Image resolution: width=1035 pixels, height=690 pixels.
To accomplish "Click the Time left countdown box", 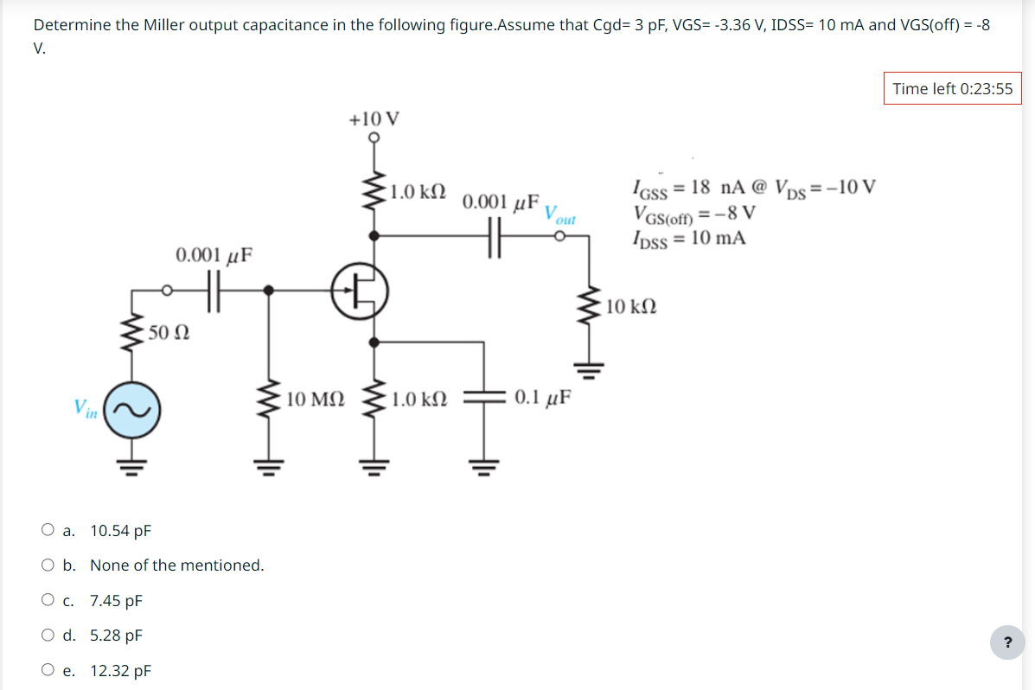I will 952,89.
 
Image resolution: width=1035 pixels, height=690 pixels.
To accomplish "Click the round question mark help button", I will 1006,642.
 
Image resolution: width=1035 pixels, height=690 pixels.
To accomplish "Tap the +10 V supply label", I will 374,118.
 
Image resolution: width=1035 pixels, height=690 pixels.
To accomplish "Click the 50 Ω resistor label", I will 169,331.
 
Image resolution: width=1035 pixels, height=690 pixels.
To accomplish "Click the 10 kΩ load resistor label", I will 631,306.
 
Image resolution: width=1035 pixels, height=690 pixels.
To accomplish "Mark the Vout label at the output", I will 560,214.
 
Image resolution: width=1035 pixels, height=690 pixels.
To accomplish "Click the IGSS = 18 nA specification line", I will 753,188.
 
